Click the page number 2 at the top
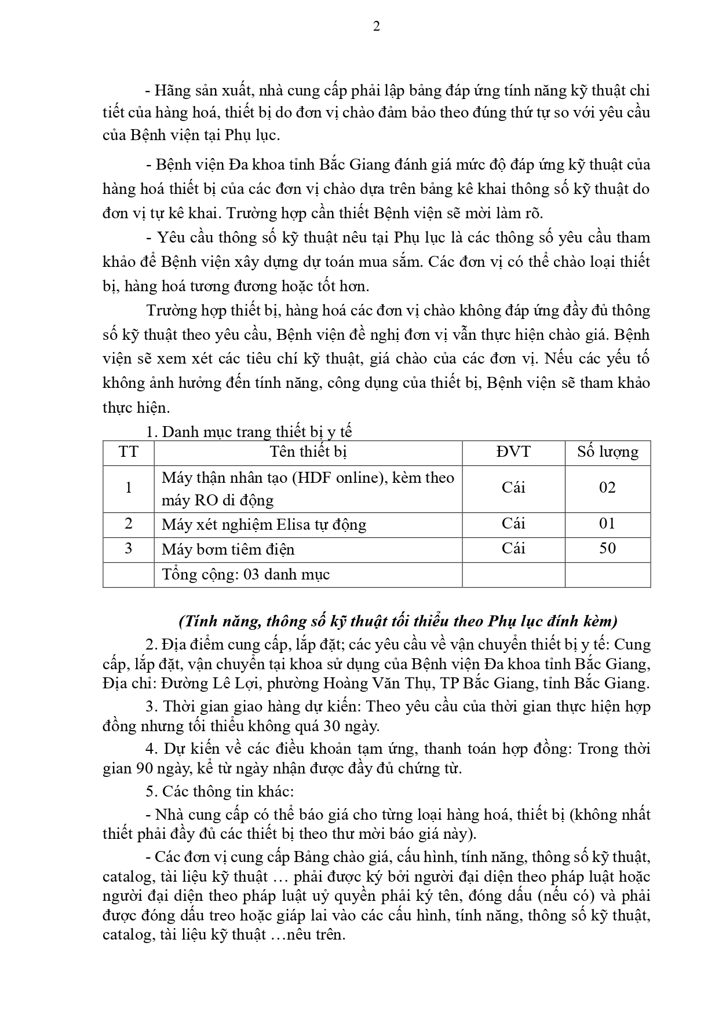[x=377, y=27]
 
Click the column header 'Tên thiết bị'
[x=308, y=452]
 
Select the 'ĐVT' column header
[x=513, y=452]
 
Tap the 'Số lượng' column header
[x=607, y=452]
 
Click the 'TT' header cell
[x=128, y=452]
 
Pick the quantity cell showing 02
[x=607, y=487]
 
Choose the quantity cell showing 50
[x=607, y=548]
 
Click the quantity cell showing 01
[x=607, y=524]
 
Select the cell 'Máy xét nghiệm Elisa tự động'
[x=264, y=524]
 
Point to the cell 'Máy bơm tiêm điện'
[x=228, y=549]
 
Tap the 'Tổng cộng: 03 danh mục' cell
[x=246, y=574]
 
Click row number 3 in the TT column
[x=128, y=548]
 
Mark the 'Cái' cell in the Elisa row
[x=513, y=524]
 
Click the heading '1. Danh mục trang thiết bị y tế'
[x=249, y=432]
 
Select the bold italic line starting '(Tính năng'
[x=398, y=621]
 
